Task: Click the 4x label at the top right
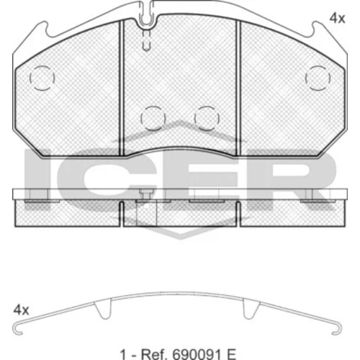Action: (x=337, y=19)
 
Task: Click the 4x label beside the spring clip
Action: (x=21, y=310)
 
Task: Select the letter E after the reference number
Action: (x=230, y=353)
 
